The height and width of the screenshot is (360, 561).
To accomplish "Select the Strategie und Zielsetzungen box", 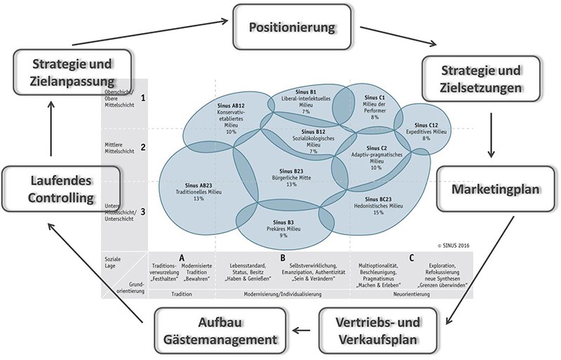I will coord(480,81).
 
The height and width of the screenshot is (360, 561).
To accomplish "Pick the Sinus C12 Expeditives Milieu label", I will coord(426,131).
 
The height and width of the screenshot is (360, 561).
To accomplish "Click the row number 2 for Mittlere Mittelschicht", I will coord(142,147).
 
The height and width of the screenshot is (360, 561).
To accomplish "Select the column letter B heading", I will coord(282,258).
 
